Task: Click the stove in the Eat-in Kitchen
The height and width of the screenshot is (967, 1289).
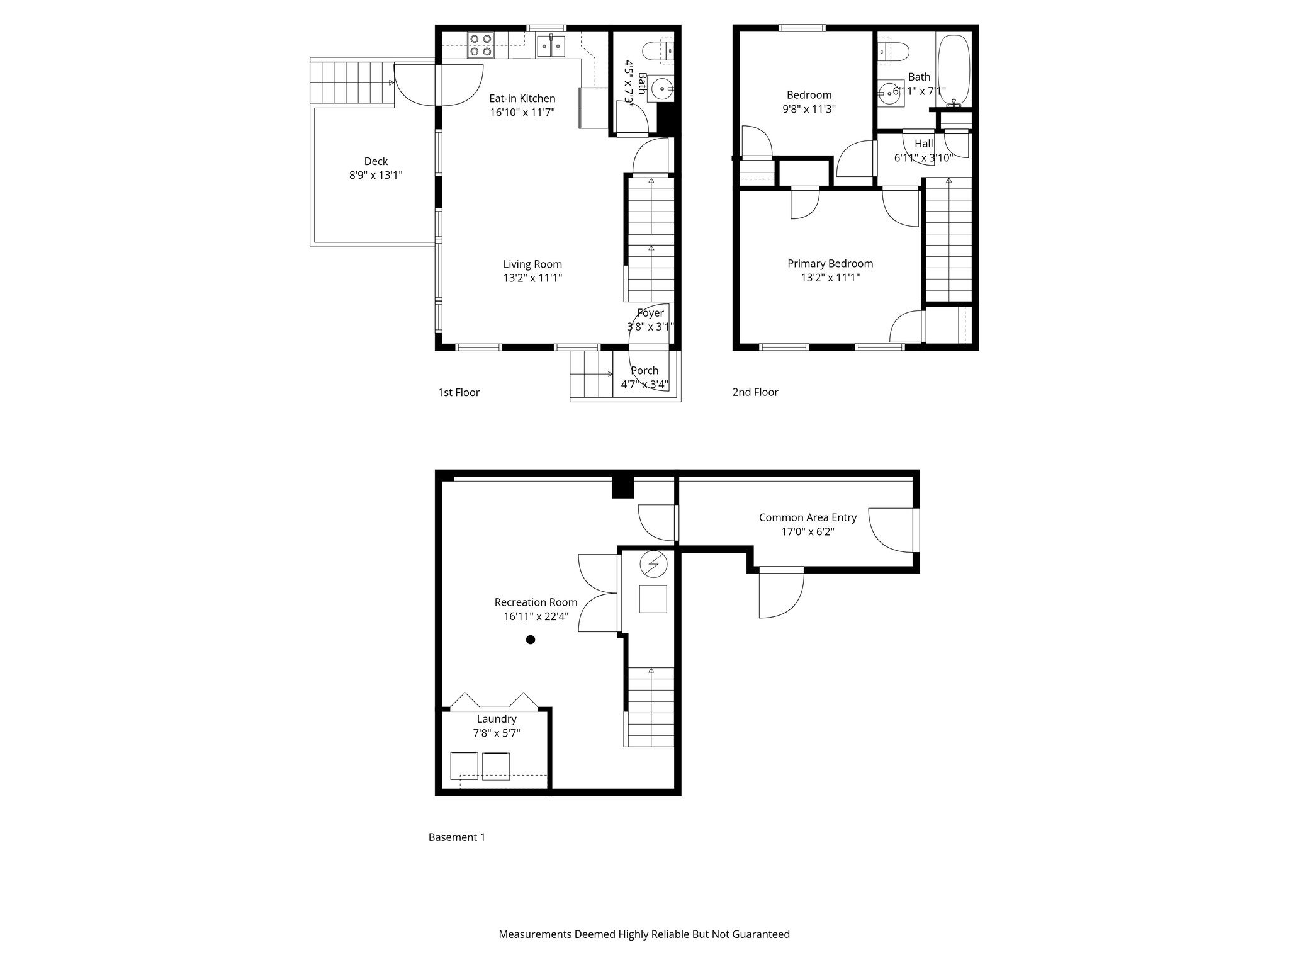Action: pos(480,45)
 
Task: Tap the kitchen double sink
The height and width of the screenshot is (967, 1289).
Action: pos(551,46)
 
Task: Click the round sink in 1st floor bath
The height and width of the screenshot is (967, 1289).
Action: pos(662,89)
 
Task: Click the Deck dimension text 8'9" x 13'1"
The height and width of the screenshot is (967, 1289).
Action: pos(376,176)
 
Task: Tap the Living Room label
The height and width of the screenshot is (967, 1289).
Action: pos(532,264)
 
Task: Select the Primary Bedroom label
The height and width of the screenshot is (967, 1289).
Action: pos(830,264)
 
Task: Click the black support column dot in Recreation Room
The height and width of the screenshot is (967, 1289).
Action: pos(531,640)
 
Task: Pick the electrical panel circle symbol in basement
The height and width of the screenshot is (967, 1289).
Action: pos(653,564)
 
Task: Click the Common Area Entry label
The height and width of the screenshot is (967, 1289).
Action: pos(808,517)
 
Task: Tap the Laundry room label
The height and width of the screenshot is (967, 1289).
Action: pos(497,719)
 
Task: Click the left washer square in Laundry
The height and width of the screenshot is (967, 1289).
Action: pos(464,766)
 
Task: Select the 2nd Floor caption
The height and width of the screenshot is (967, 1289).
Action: pos(755,392)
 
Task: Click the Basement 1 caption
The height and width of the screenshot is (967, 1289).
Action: pos(457,837)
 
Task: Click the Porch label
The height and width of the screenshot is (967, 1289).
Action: pos(644,371)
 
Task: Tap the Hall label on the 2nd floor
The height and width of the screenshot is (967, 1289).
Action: pos(924,144)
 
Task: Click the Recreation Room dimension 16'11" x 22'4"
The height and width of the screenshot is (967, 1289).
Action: pos(536,616)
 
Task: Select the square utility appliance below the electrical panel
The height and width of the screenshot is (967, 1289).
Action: pos(653,599)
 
